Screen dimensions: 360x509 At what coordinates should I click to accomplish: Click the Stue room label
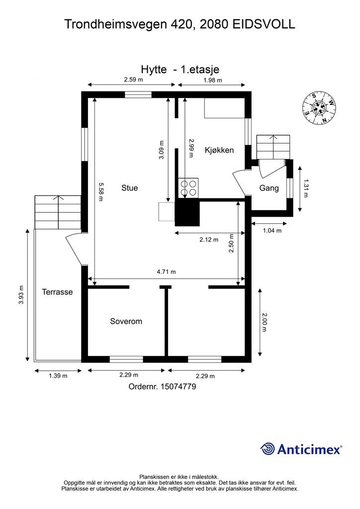[129, 187]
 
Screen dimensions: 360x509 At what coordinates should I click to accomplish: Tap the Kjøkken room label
[219, 150]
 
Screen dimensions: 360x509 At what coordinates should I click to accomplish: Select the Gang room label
[269, 188]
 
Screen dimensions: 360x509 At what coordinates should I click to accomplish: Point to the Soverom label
[126, 322]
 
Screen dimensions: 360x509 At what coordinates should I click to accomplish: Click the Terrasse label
[57, 292]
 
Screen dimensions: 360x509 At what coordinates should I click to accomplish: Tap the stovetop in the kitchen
[188, 187]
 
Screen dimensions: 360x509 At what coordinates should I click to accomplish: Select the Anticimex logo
[301, 449]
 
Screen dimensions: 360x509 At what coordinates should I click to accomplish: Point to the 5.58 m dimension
[100, 192]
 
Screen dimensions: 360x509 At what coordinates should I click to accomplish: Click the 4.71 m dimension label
[166, 272]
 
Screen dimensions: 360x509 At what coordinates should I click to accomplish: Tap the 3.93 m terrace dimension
[21, 295]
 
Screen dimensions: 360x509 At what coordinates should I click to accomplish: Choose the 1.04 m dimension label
[272, 231]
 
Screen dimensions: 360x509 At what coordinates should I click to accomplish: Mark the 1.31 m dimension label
[305, 188]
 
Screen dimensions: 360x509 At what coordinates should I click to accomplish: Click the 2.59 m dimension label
[133, 79]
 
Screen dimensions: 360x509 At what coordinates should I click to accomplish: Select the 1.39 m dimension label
[58, 376]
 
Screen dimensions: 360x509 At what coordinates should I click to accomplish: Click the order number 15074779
[178, 387]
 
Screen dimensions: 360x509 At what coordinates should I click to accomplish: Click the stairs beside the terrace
[58, 212]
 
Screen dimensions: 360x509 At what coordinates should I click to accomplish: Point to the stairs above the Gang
[273, 147]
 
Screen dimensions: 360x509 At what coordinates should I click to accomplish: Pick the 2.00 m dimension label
[264, 322]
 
